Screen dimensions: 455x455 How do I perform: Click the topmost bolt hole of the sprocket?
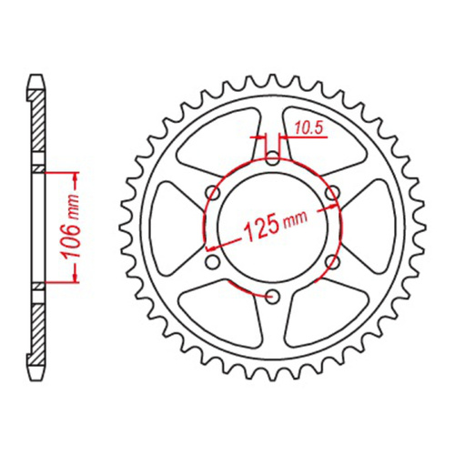[x=274, y=159]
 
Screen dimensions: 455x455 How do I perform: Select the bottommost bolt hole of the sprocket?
[x=274, y=295]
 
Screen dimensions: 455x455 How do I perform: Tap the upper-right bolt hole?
[x=332, y=193]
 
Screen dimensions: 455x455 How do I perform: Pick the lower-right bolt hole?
[x=332, y=261]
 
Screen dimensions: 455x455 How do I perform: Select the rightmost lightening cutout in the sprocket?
[x=372, y=227]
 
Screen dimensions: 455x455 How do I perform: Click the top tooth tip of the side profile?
[x=37, y=79]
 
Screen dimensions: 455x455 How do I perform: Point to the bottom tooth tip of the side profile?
[x=37, y=375]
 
